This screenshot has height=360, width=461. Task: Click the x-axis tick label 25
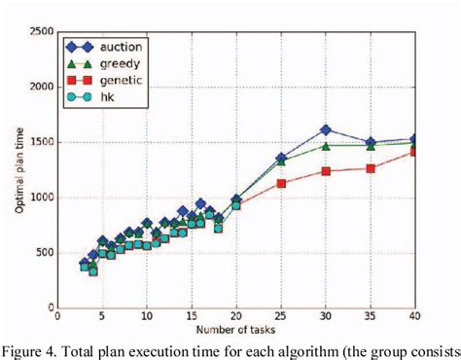click(280, 317)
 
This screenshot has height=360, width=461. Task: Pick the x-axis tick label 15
click(192, 317)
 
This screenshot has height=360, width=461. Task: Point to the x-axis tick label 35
click(370, 317)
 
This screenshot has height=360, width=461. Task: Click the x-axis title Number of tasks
click(235, 331)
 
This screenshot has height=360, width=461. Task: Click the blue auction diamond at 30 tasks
click(325, 129)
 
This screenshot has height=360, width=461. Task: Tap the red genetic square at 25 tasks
click(280, 183)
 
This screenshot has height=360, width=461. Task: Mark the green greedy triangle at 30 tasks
click(325, 145)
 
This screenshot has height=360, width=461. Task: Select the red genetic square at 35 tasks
click(370, 168)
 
